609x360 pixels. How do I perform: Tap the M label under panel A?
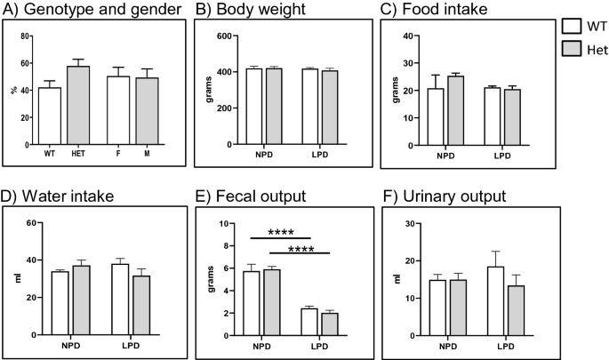pos(146,152)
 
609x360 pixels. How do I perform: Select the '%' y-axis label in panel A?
pos(13,90)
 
